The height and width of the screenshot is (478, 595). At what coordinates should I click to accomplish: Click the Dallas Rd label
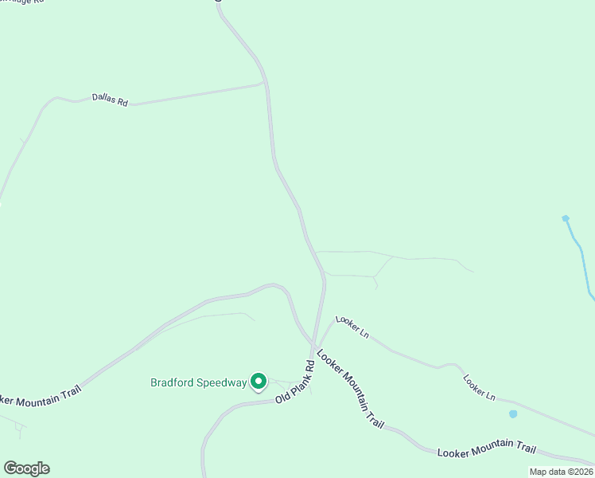click(x=110, y=100)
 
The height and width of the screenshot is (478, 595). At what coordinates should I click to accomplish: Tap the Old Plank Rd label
click(x=296, y=379)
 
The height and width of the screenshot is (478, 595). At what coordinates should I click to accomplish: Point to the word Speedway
click(x=222, y=382)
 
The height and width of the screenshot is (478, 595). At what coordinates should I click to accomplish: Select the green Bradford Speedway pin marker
click(x=259, y=382)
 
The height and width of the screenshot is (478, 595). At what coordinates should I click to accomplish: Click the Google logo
click(x=26, y=468)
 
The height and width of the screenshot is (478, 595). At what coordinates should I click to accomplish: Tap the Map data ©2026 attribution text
click(x=561, y=472)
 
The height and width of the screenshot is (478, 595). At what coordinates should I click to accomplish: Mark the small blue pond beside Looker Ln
click(x=513, y=413)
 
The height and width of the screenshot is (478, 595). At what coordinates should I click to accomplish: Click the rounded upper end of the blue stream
click(x=566, y=218)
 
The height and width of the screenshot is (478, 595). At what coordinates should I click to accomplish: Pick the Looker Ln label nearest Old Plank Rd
click(x=352, y=326)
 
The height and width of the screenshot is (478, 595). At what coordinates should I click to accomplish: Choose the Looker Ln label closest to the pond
click(x=480, y=386)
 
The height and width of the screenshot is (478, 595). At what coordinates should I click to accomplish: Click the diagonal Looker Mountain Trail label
click(x=351, y=390)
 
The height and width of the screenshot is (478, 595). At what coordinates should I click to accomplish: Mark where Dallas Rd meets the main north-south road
click(x=266, y=82)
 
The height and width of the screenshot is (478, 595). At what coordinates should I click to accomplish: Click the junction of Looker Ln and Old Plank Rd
click(x=321, y=334)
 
